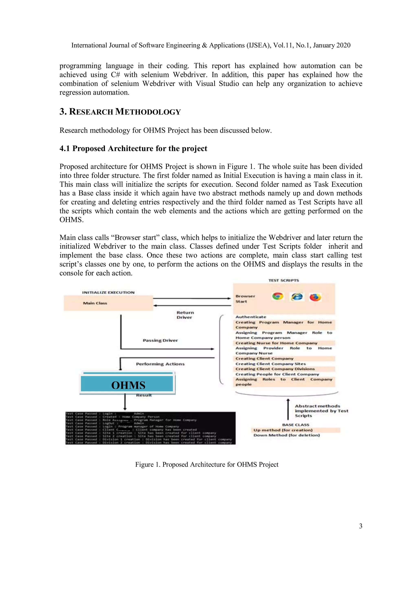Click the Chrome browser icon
(278, 297)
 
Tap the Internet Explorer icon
(297, 297)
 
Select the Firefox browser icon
(315, 297)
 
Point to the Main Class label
(95, 303)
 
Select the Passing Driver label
(160, 340)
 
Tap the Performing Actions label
(160, 364)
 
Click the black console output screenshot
(150, 428)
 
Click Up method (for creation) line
(283, 430)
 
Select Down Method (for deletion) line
(286, 435)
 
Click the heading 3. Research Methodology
(120, 112)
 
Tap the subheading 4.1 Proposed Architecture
(133, 148)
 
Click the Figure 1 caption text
(207, 464)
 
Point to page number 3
(360, 526)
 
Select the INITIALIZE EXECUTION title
(108, 292)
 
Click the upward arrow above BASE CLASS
(288, 409)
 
